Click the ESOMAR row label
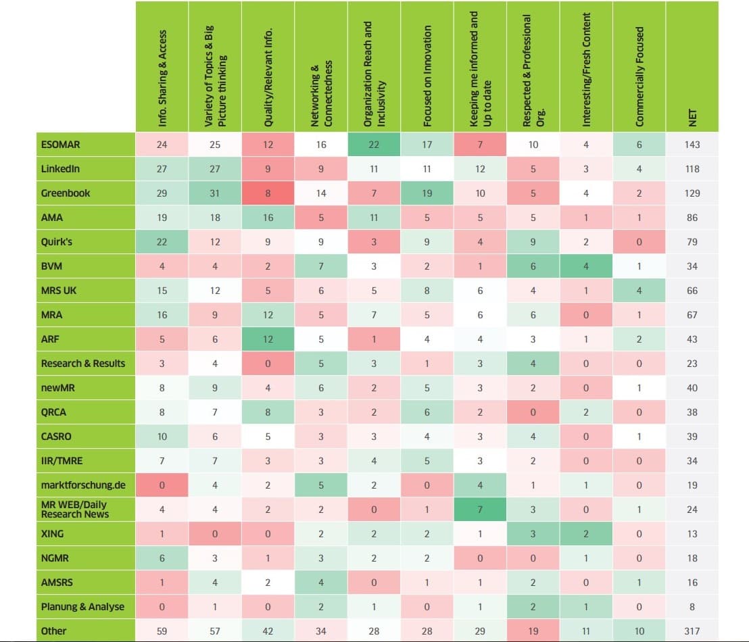click(x=57, y=145)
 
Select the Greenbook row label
click(x=66, y=193)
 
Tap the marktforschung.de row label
click(x=82, y=485)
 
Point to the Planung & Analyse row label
click(x=82, y=606)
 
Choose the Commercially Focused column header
click(x=639, y=76)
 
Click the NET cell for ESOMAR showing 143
click(x=692, y=145)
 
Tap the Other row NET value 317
click(x=692, y=631)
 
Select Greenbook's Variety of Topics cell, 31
click(x=214, y=193)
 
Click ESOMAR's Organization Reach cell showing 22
click(x=374, y=145)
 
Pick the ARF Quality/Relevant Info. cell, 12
click(x=268, y=339)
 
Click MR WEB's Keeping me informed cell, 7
click(x=480, y=509)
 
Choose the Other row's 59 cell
click(x=162, y=631)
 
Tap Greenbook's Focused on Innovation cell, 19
click(x=427, y=193)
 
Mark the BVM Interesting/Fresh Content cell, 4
click(x=586, y=266)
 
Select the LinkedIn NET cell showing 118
click(x=692, y=169)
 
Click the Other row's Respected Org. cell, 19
click(x=533, y=631)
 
